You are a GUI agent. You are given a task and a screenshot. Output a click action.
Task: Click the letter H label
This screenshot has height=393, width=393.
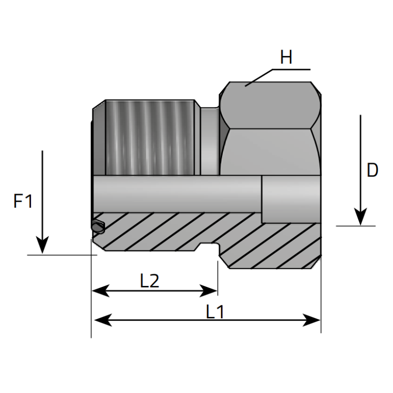click(286, 58)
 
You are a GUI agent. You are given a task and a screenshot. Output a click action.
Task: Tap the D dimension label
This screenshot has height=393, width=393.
click(372, 170)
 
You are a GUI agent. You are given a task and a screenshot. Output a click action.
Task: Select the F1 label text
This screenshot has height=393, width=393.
click(23, 201)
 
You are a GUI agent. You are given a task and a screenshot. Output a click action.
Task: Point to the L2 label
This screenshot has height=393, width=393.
click(149, 281)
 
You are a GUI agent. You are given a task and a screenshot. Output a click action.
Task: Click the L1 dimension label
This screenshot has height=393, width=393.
click(215, 311)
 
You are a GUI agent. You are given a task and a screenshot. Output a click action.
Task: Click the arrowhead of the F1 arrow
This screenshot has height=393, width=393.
click(43, 246)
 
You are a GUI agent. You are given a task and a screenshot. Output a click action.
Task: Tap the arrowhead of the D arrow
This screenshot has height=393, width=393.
click(361, 217)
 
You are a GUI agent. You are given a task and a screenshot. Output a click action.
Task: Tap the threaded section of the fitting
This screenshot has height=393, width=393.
click(150, 138)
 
